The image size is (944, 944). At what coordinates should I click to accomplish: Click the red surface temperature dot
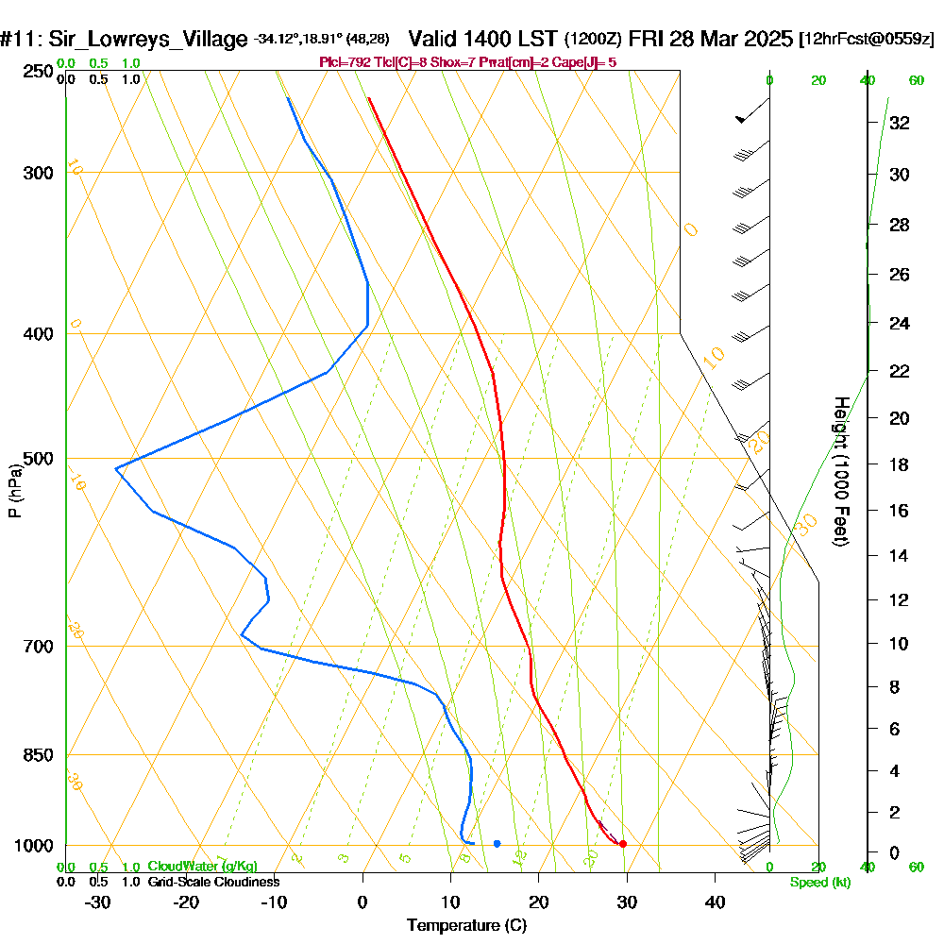point(622,844)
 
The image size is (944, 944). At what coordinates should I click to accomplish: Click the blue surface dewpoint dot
point(497,843)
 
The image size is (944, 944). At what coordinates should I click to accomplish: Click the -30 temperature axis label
point(97,902)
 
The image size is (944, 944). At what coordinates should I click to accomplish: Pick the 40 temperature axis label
point(715,902)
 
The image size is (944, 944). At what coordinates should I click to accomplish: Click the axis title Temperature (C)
point(466,926)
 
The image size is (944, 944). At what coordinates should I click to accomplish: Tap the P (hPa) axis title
point(14,491)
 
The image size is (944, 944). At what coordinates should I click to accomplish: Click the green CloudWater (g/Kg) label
point(201,867)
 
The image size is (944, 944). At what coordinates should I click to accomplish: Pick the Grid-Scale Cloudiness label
point(212,882)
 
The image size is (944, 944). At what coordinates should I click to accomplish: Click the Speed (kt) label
point(819,883)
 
